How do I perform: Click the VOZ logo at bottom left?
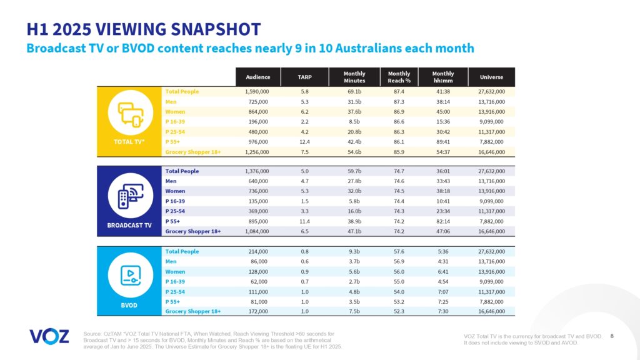click(x=49, y=336)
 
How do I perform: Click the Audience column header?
click(x=257, y=77)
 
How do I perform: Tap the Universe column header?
click(x=491, y=77)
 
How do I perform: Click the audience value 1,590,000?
click(x=257, y=92)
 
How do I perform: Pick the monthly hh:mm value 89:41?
click(x=442, y=142)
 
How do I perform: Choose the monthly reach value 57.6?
click(x=399, y=251)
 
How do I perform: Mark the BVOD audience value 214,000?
click(x=259, y=251)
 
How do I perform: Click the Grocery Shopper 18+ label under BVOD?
click(x=192, y=311)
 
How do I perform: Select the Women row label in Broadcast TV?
click(x=175, y=191)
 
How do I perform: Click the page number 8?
click(x=611, y=336)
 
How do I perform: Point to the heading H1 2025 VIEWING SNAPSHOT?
click(x=144, y=29)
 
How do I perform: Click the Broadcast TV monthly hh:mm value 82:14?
click(x=442, y=221)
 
